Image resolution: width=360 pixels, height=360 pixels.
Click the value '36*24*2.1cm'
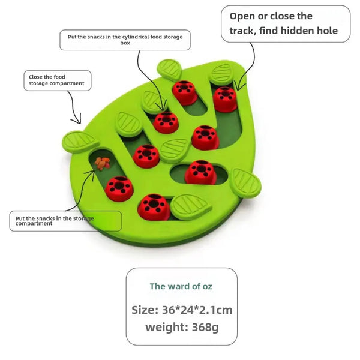pyautogui.click(x=197, y=310)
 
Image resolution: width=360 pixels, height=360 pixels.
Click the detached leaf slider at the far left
pyautogui.click(x=80, y=142)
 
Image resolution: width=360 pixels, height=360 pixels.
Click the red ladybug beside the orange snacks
pyautogui.click(x=119, y=188)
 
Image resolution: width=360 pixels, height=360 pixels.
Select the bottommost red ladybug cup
pyautogui.click(x=153, y=205)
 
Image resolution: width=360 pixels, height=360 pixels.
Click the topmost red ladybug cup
pyautogui.click(x=184, y=92)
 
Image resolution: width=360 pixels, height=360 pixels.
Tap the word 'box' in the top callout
pyautogui.click(x=125, y=44)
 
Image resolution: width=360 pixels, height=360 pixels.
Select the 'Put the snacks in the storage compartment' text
pyautogui.click(x=53, y=221)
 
